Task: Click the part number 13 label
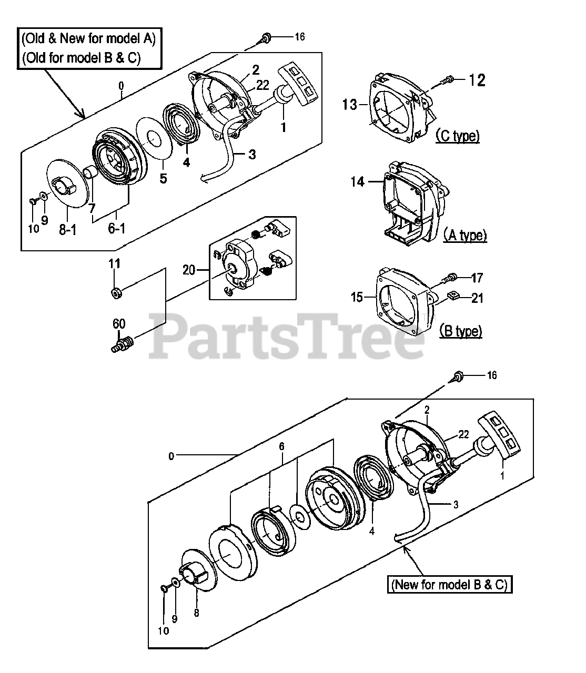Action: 350,105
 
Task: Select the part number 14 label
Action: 357,182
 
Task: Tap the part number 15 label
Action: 357,297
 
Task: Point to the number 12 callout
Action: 477,80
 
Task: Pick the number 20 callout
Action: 189,270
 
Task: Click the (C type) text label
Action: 457,136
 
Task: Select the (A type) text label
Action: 464,235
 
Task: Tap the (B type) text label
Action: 460,331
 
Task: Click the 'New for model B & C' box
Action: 449,584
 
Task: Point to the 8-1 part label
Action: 68,230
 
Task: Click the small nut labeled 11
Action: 116,291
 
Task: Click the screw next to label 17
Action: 451,278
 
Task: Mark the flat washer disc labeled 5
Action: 154,138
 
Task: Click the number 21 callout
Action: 477,298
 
